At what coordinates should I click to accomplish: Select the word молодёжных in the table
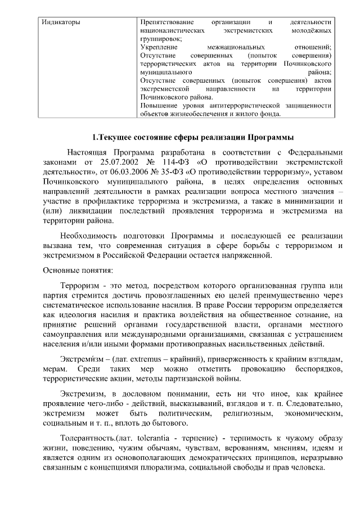312,31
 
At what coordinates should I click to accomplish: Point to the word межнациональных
236,48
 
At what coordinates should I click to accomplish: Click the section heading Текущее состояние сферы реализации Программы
193,138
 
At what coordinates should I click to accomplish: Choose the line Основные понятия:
78,269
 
